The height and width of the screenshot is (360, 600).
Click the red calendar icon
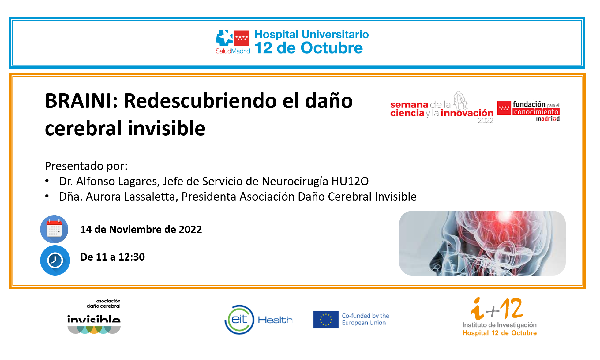pyautogui.click(x=54, y=229)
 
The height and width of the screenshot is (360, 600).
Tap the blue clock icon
pyautogui.click(x=55, y=260)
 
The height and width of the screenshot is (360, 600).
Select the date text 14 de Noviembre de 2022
pyautogui.click(x=141, y=229)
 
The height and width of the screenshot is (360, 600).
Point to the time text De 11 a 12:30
pyautogui.click(x=112, y=257)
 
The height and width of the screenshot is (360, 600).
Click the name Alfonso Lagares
pyautogui.click(x=118, y=181)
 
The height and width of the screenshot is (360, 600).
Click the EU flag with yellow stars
pyautogui.click(x=326, y=320)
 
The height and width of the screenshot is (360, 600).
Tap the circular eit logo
pyautogui.click(x=239, y=320)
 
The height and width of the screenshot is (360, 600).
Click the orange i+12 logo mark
pyautogui.click(x=497, y=309)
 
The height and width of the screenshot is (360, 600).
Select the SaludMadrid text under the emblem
pyautogui.click(x=233, y=51)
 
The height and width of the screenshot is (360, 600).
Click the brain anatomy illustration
pyautogui.click(x=482, y=243)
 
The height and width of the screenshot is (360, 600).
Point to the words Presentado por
pyautogui.click(x=86, y=166)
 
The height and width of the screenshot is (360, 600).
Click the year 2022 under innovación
pyautogui.click(x=486, y=121)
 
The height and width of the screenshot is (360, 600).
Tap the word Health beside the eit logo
pyautogui.click(x=275, y=320)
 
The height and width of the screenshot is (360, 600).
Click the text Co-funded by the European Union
pyautogui.click(x=366, y=319)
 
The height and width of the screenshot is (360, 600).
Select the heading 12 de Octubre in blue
pyautogui.click(x=309, y=48)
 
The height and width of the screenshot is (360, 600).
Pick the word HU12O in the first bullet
pyautogui.click(x=350, y=181)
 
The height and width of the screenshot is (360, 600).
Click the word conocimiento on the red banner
pyautogui.click(x=536, y=112)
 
